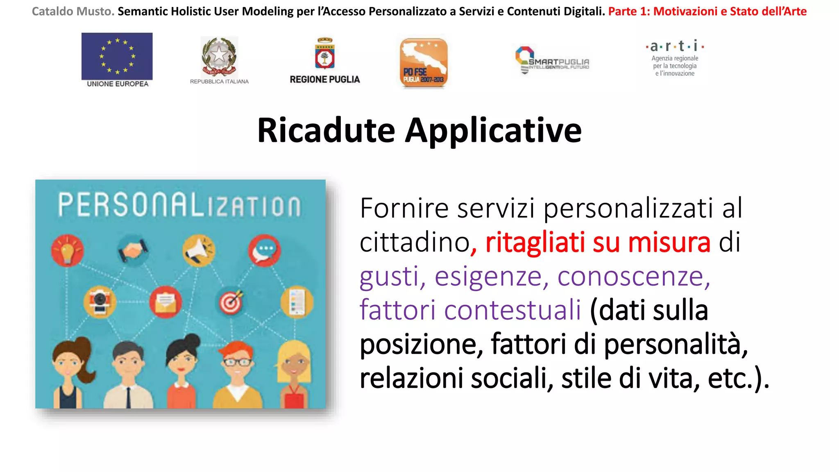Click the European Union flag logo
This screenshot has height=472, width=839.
click(117, 56)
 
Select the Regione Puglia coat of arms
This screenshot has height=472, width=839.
click(325, 54)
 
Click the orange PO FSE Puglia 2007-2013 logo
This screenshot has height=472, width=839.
click(424, 63)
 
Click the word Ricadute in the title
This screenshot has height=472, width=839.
click(326, 130)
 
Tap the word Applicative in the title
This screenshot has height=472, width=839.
click(493, 131)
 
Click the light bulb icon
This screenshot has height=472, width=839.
click(67, 250)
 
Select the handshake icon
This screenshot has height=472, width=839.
click(133, 250)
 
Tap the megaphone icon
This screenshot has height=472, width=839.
click(199, 250)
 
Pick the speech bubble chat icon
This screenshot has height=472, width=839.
click(264, 250)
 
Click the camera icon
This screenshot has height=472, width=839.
click(100, 302)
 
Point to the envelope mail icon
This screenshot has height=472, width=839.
click(166, 302)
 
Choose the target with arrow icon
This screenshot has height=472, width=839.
click(231, 302)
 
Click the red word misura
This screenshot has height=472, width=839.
click(669, 242)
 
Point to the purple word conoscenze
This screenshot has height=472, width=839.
click(633, 276)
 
